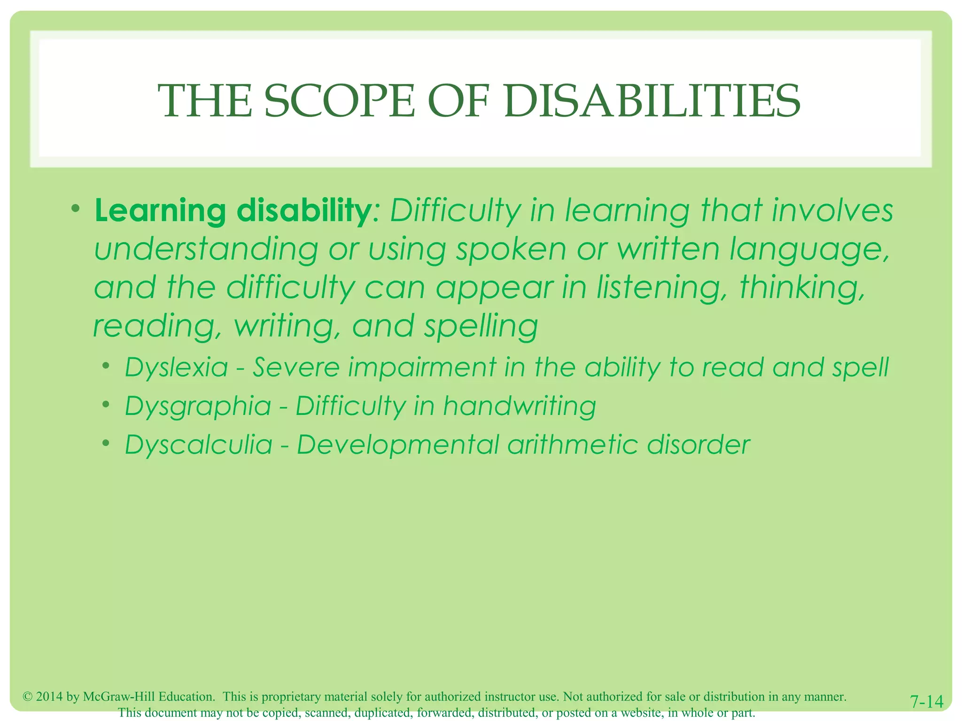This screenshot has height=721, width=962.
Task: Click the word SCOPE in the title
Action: tap(340, 101)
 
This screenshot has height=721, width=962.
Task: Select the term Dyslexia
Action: tap(177, 368)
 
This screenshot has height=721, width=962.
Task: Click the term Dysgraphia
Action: tap(198, 407)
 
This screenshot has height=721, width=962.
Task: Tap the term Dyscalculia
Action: tap(199, 445)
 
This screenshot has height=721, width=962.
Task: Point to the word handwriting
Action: tap(519, 407)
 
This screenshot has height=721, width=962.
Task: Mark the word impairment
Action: tap(421, 367)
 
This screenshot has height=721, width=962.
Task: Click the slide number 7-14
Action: tap(926, 702)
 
